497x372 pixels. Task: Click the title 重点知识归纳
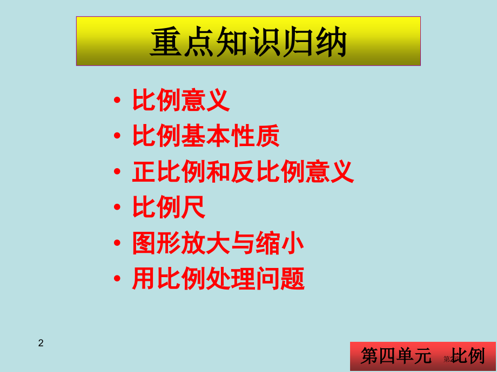pos(248,42)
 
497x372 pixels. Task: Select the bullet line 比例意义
pos(181,101)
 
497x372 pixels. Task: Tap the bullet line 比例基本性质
pos(206,136)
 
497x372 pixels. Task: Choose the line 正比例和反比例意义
pos(243,172)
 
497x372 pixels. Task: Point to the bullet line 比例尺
pos(169,208)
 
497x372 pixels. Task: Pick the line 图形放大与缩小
pos(218,244)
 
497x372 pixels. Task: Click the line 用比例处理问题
pos(218,279)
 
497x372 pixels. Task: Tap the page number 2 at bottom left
pos(41,343)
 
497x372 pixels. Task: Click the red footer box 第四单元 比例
pos(422,356)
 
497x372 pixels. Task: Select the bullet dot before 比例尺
pos(117,209)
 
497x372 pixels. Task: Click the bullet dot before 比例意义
pos(117,102)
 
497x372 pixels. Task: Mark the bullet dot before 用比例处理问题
pos(117,280)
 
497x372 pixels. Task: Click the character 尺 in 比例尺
pos(193,208)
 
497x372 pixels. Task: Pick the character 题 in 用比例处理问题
pos(292,279)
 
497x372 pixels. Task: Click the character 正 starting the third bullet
pos(145,172)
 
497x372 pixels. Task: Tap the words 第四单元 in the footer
pos(396,356)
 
